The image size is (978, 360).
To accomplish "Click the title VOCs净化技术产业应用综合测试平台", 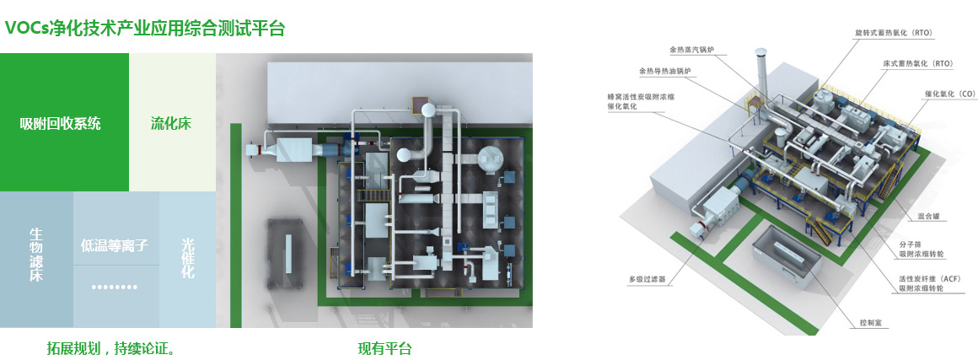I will pyautogui.click(x=145, y=29).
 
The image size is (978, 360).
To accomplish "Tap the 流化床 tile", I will pyautogui.click(x=171, y=123).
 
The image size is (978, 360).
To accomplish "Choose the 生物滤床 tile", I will pyautogui.click(x=35, y=255).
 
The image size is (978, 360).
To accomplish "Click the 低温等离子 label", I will pyautogui.click(x=115, y=246).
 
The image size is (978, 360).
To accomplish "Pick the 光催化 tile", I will pyautogui.click(x=187, y=258).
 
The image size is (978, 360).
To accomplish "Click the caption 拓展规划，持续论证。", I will pyautogui.click(x=111, y=347).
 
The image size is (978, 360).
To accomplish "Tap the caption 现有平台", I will pyautogui.click(x=384, y=347).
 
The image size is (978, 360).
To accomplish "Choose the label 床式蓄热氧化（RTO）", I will pyautogui.click(x=918, y=63).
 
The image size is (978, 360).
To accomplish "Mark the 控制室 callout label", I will pyautogui.click(x=870, y=321).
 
